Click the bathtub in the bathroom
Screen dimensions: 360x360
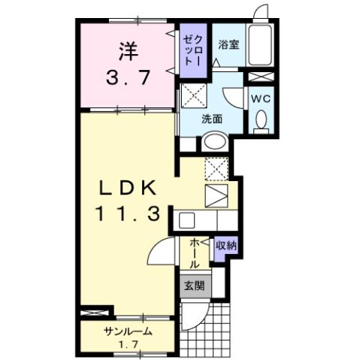(262, 46)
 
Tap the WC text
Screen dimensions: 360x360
(262, 98)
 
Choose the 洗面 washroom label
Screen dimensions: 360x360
(211, 117)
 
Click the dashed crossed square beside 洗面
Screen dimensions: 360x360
(189, 96)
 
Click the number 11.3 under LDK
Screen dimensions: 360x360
(126, 215)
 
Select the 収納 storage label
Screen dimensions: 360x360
(225, 245)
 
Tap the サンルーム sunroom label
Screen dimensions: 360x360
(128, 331)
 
